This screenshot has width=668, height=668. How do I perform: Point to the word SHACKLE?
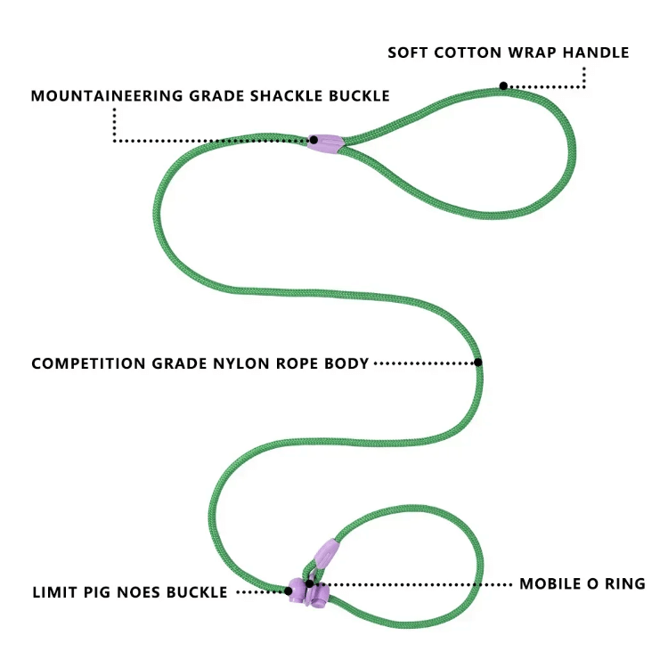289,95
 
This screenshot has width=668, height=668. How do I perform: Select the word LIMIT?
55,591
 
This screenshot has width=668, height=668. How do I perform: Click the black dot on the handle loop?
503,86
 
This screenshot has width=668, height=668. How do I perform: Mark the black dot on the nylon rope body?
477,363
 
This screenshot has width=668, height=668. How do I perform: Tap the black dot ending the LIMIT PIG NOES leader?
289,591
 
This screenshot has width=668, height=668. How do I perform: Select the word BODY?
348,363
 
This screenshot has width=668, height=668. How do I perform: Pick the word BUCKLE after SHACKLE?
358,95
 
